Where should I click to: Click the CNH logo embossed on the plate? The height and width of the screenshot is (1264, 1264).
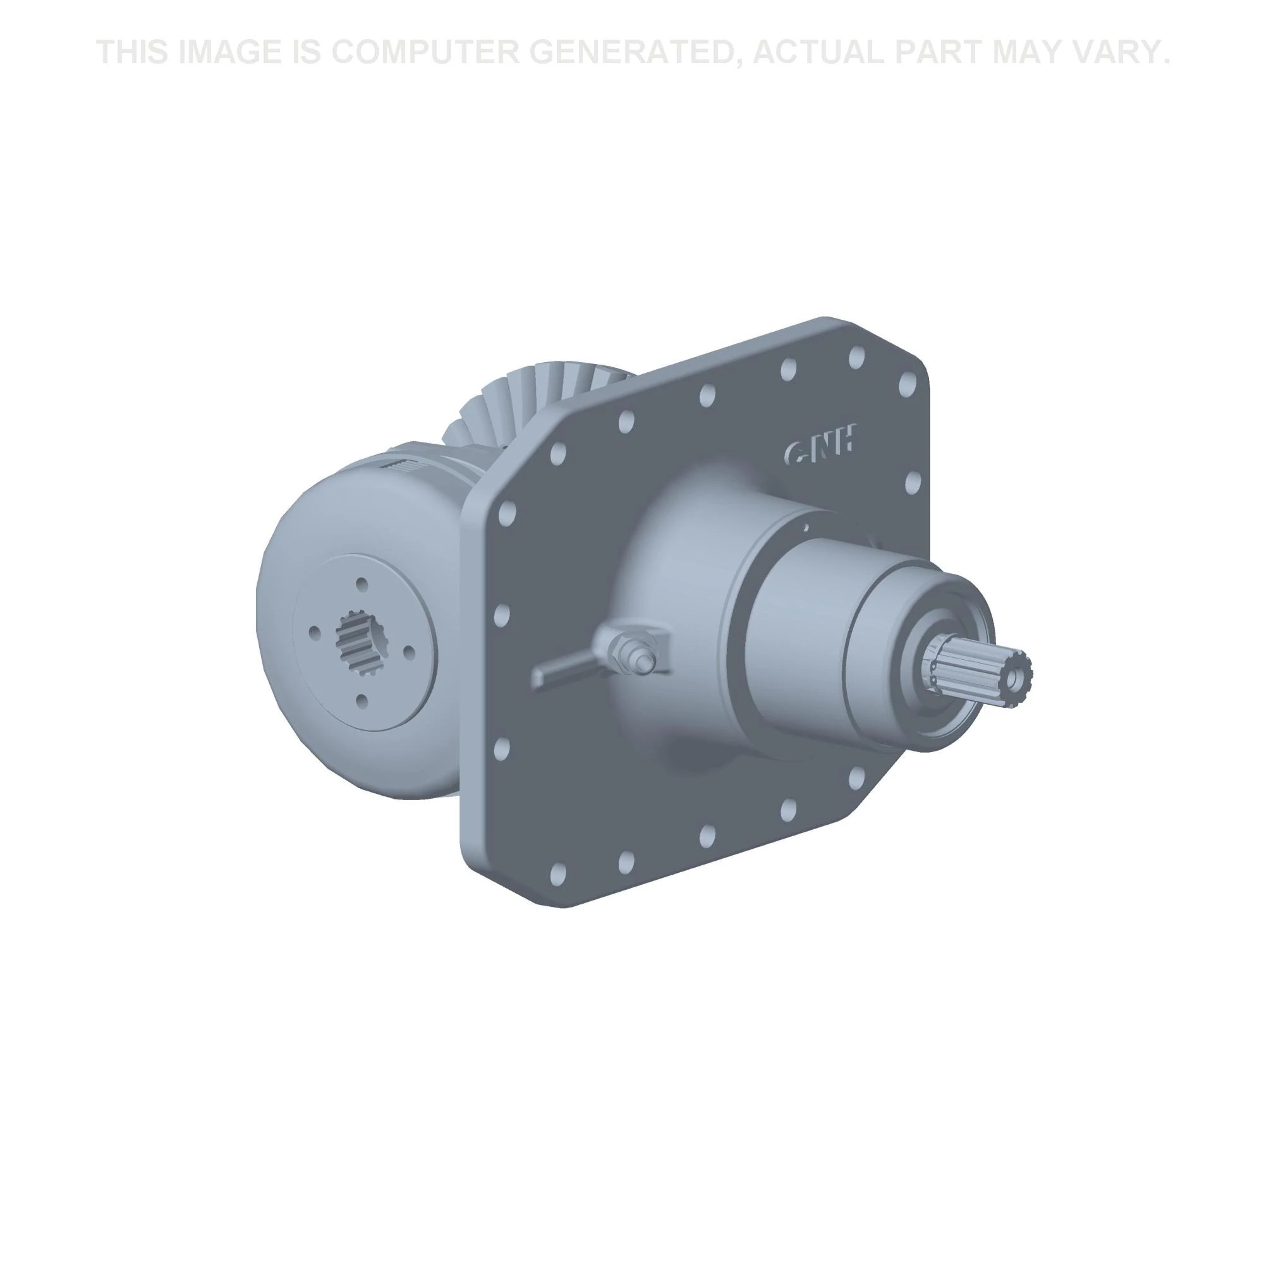tap(820, 449)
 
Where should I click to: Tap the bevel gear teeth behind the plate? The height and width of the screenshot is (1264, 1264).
tap(523, 406)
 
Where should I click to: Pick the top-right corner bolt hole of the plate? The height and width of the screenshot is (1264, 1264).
tap(907, 384)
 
